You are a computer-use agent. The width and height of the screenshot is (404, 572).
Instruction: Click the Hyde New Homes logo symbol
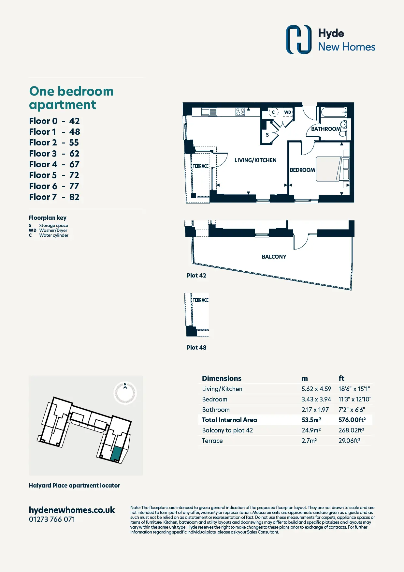pos(299,39)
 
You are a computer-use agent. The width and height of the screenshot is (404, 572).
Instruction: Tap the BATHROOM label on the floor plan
pos(326,129)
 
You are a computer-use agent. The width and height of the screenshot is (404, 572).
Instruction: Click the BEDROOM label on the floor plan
pos(302,170)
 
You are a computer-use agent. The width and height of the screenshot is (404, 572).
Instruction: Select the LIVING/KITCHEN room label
pos(255,160)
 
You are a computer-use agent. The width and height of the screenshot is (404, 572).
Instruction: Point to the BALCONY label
pos(274,257)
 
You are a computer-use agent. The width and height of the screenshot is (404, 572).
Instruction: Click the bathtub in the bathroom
pos(334,112)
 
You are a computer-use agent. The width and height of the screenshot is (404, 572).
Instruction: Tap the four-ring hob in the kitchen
pos(240,112)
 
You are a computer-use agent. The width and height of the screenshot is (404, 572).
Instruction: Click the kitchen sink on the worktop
pos(209,112)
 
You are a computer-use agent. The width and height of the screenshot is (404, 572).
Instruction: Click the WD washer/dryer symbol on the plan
pos(287,112)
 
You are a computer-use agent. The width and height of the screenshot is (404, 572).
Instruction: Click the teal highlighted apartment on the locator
pos(116,454)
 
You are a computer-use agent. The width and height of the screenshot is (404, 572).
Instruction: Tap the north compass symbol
pos(125,393)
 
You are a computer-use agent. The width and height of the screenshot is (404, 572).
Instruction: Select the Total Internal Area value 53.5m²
pos(311,420)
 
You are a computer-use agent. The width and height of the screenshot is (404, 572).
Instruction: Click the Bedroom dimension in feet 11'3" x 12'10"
pos(355,399)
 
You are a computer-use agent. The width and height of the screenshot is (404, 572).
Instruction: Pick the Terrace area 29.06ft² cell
pos(349,441)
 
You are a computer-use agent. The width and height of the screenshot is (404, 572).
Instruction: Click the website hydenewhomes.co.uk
pos(72,510)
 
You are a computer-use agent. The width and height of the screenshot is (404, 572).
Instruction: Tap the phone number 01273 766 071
pos(52,519)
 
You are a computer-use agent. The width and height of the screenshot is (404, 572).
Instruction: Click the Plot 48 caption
pos(196,348)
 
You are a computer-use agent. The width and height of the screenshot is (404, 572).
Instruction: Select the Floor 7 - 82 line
pos(54,197)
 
